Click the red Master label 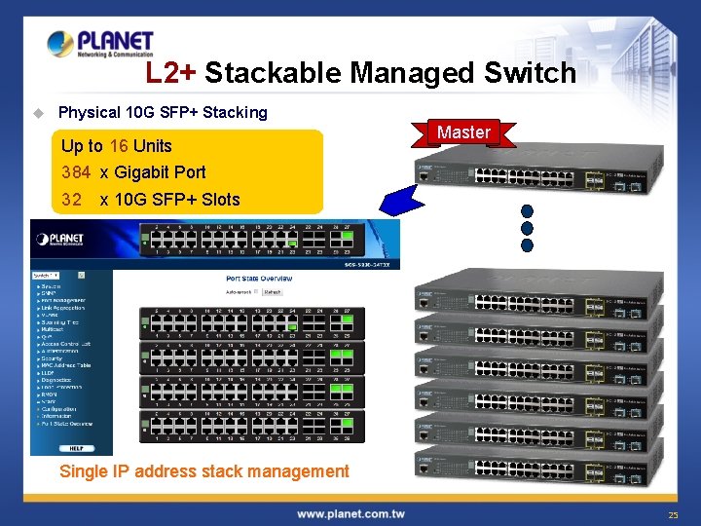tap(463, 132)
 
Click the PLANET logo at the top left tap(100, 44)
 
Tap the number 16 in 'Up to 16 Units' tap(119, 146)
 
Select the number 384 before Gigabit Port tap(76, 172)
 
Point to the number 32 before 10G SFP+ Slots tap(71, 200)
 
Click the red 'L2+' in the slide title tap(171, 73)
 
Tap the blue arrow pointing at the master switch tap(403, 199)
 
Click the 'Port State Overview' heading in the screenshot tap(258, 279)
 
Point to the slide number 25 tap(673, 513)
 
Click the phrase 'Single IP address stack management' tap(204, 471)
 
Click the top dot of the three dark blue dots tap(528, 211)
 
